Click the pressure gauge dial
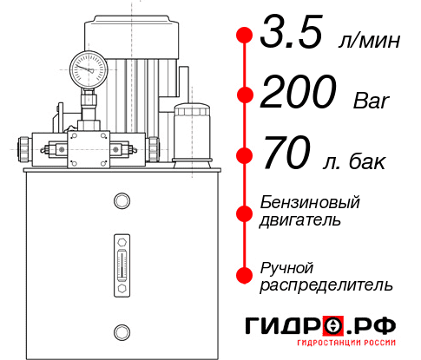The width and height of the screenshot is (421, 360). [88, 67]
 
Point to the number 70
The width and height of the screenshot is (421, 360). [287, 155]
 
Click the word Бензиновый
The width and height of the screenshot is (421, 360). [310, 202]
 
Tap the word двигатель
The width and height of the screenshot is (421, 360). [300, 219]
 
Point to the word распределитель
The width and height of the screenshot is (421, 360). [326, 285]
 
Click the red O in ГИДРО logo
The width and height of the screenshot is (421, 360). [334, 326]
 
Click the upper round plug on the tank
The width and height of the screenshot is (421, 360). [121, 201]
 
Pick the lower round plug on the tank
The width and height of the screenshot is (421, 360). [121, 331]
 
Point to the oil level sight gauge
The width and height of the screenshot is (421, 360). [121, 261]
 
